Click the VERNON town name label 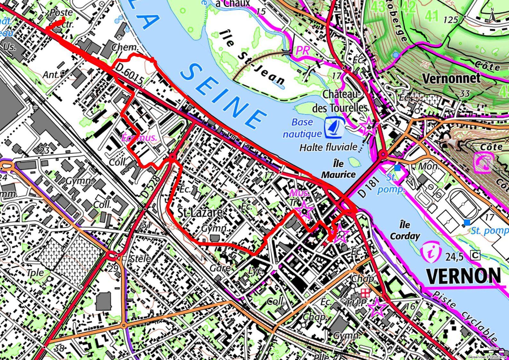(463, 276)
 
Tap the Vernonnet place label (451, 78)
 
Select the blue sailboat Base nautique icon (335, 126)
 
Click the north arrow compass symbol (493, 16)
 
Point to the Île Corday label (405, 230)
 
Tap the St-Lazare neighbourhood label (200, 212)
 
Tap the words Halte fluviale (328, 147)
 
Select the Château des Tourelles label (340, 101)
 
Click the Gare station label (220, 268)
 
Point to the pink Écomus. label (140, 138)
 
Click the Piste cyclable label (465, 316)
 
